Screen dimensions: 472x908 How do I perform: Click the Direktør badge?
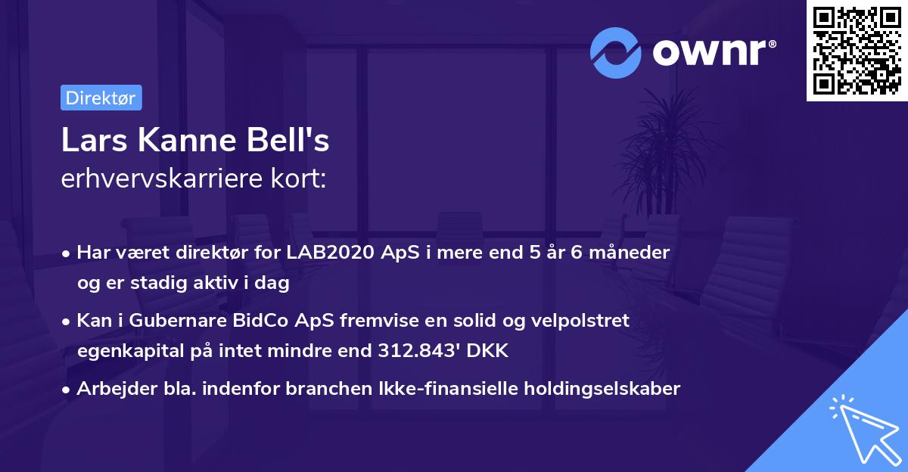click(101, 98)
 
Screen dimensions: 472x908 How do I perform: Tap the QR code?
click(857, 51)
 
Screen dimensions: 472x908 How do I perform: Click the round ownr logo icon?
click(615, 52)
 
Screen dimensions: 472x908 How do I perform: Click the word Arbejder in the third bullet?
click(110, 389)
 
